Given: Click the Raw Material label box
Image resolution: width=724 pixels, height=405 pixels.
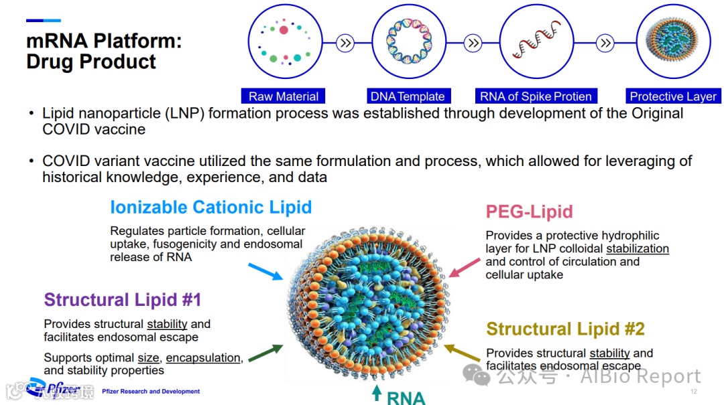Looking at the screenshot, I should click(284, 96).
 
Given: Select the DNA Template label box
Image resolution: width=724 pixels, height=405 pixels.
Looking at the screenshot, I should click(408, 96).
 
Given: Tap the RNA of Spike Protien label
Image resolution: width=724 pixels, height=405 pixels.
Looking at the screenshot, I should click(536, 96).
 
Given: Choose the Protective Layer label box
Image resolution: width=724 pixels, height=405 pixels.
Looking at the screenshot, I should click(673, 96).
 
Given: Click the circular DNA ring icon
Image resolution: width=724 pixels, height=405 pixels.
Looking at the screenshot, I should click(408, 42).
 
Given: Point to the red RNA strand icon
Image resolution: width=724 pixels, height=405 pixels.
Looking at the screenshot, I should click(536, 42).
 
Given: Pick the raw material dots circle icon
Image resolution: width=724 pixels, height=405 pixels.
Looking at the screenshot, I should click(284, 42).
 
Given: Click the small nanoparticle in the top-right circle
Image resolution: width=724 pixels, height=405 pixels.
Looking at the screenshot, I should click(672, 42).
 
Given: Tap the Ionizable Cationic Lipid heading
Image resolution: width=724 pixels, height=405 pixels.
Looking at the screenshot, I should click(210, 207).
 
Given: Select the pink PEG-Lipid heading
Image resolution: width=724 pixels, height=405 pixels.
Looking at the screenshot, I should click(529, 212).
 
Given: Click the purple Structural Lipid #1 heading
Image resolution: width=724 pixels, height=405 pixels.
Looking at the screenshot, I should click(123, 299).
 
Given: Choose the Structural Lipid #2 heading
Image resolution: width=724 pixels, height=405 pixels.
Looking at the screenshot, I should click(565, 329).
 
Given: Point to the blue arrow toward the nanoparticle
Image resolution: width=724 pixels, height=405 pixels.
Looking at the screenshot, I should click(265, 271).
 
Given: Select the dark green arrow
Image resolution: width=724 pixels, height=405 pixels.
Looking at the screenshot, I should click(265, 353).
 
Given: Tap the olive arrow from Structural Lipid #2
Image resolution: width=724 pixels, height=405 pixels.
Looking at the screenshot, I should click(463, 353).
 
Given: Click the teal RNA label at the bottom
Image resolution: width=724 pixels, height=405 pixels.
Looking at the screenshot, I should click(406, 398).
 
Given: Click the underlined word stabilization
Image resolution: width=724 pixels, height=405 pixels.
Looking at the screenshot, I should click(638, 248).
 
